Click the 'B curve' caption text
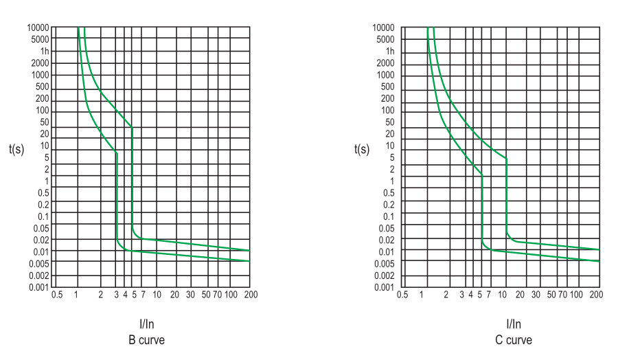pos(146,340)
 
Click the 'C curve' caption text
pos(514,340)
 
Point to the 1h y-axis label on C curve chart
pos(390,52)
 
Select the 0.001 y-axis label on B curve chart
pos(38,287)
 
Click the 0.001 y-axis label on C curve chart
pos(384,287)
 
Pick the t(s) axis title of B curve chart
pos(16,149)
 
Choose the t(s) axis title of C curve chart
pos(362,149)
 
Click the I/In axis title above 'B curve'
pos(147,325)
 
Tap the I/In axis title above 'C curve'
pos(514,325)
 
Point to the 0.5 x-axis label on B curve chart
pos(57,295)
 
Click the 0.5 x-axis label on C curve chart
pos(402,295)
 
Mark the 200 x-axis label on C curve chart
pos(596,295)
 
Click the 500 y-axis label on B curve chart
pos(42,87)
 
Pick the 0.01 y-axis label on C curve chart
pos(386,252)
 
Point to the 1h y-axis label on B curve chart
pos(45,52)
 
